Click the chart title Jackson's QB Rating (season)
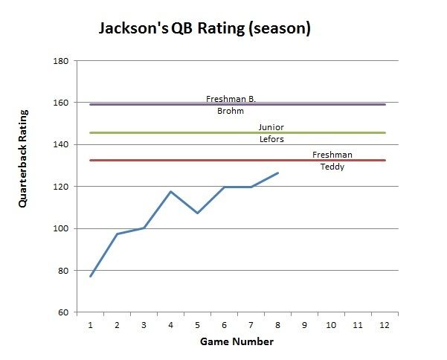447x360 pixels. [x=205, y=29]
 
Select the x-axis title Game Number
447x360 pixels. [x=237, y=342]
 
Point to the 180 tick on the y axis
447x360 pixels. [x=62, y=61]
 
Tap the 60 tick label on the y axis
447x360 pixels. [x=64, y=312]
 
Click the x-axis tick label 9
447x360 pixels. [x=304, y=324]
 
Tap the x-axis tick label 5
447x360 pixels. [x=197, y=324]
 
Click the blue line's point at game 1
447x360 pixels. [x=91, y=276]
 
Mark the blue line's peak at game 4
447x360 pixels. [x=170, y=192]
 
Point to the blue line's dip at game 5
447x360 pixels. [x=197, y=213]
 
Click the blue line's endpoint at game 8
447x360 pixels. [x=277, y=173]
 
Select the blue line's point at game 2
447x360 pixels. [x=118, y=234]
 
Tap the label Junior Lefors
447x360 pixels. [x=271, y=133]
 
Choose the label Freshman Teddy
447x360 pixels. [x=332, y=161]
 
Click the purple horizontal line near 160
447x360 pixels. [x=149, y=105]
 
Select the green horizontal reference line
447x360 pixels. [x=149, y=133]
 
